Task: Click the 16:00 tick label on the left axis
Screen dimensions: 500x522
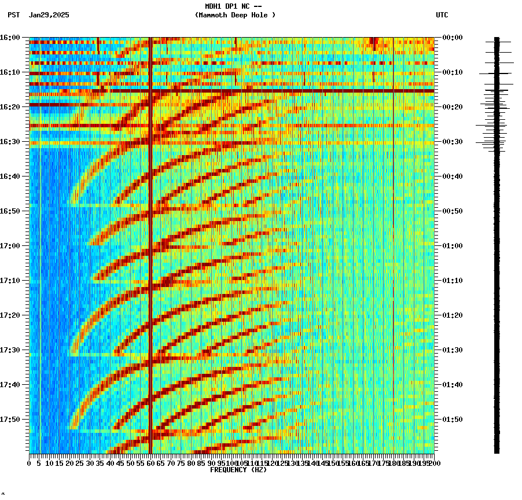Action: [10, 38]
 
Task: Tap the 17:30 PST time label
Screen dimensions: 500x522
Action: [10, 350]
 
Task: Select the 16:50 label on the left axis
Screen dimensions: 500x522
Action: [10, 211]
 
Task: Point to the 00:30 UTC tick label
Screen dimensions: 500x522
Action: [453, 142]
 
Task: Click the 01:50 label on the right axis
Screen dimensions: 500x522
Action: [453, 420]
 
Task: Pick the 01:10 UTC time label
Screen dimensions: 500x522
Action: [453, 281]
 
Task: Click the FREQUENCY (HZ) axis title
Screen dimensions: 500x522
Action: [238, 470]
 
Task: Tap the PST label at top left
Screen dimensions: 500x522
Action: [13, 15]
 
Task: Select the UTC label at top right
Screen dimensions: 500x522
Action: [442, 15]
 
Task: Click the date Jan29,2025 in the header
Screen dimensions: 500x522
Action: [49, 15]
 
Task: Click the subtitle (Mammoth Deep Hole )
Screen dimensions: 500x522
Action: [235, 15]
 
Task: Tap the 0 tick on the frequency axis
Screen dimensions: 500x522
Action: [30, 464]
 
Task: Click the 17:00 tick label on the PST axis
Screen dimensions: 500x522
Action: [10, 246]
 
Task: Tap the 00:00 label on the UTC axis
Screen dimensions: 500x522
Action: [453, 38]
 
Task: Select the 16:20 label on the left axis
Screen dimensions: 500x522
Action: [10, 107]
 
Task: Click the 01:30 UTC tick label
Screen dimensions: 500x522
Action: [453, 350]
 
